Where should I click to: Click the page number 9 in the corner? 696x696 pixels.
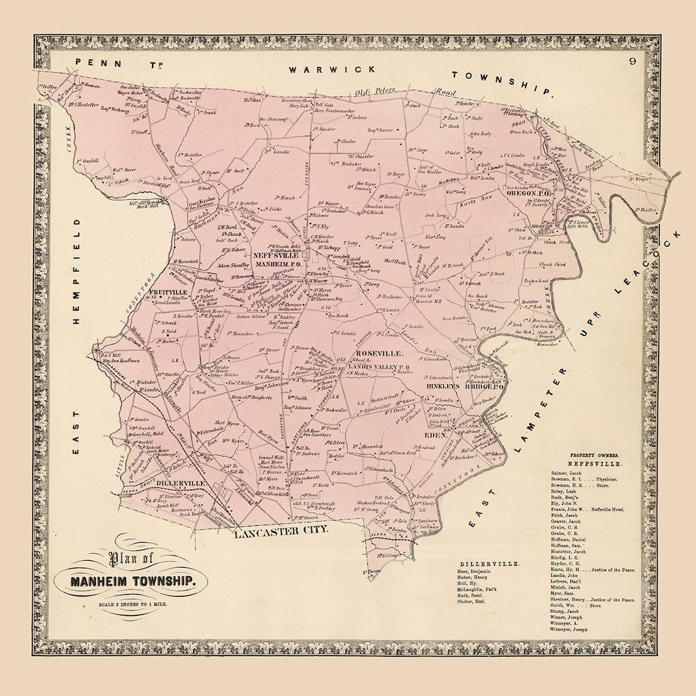633,62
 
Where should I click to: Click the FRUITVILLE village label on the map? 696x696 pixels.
168,292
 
